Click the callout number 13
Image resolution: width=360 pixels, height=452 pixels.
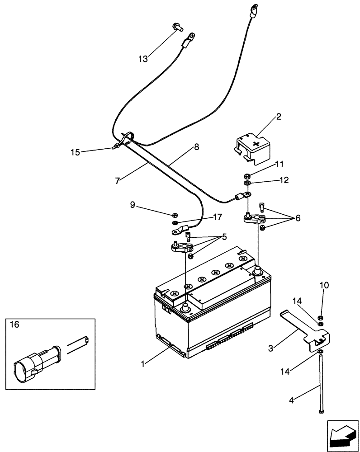coord(143,59)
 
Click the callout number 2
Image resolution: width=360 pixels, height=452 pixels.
coord(278,117)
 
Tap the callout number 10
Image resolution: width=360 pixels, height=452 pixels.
coord(325,286)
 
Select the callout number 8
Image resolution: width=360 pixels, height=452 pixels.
coord(196,147)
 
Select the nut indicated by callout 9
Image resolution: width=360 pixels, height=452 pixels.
coord(175,215)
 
